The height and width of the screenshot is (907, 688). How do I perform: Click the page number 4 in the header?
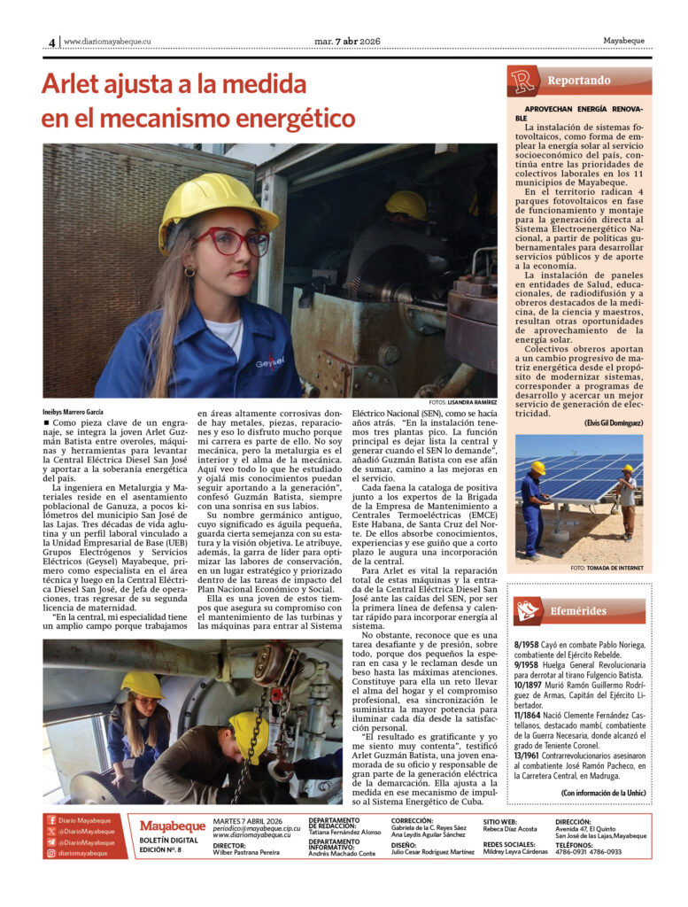point(51,42)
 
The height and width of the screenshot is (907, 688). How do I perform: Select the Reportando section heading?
point(578,81)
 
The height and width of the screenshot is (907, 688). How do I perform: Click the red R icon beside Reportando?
point(522,81)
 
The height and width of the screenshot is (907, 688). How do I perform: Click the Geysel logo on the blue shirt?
point(269,362)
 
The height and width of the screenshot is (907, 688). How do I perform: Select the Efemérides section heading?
point(576,610)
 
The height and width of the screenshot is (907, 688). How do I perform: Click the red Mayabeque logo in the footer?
point(172,826)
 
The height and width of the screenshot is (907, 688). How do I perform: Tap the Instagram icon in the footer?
point(51,853)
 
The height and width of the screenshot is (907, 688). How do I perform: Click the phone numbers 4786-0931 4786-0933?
point(588,852)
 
